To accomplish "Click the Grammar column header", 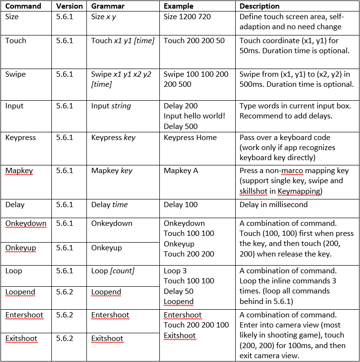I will point(108,7).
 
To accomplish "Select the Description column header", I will point(259,7).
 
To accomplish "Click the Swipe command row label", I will point(15,74).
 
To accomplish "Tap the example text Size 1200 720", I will point(187,17).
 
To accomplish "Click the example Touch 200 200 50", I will point(194,41).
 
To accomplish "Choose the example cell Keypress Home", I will point(190,138).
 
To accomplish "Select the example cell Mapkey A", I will point(181,171).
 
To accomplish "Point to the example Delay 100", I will point(180,205).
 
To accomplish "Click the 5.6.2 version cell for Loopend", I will point(65,292).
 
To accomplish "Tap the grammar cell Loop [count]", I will point(113,271).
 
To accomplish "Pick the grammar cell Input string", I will point(111,106).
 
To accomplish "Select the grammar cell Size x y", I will point(104,17).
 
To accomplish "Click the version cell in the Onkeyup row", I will point(65,248).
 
